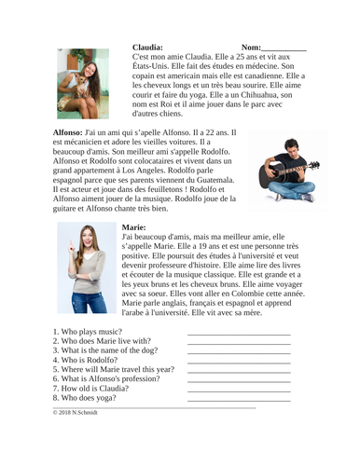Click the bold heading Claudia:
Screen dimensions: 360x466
tap(148, 47)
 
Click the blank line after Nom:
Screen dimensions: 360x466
tap(284, 48)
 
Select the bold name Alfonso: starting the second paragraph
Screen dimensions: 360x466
tap(68, 133)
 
